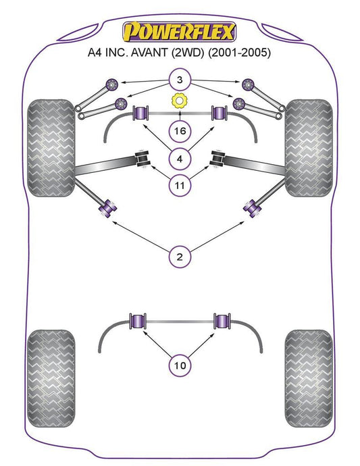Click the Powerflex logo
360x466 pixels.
pos(180,32)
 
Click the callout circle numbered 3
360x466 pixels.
pos(180,80)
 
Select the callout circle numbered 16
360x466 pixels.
pos(180,131)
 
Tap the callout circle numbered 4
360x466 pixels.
pos(180,159)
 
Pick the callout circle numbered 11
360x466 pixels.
pos(180,186)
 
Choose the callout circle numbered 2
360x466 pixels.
pos(180,257)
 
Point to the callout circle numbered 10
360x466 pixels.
pos(180,365)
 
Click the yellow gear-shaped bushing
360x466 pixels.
pos(179,101)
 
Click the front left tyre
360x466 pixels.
pos(51,148)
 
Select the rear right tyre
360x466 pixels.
pos(309,378)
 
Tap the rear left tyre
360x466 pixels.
pos(51,378)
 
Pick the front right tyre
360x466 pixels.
pos(309,148)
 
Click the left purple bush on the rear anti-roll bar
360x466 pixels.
pos(138,321)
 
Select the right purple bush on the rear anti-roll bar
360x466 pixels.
pos(222,321)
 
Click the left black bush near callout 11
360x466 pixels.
pos(142,159)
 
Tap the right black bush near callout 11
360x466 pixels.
pos(217,159)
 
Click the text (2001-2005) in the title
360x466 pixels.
pos(240,53)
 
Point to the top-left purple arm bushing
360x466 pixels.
pos(112,84)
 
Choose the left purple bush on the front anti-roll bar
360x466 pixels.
pos(140,113)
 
